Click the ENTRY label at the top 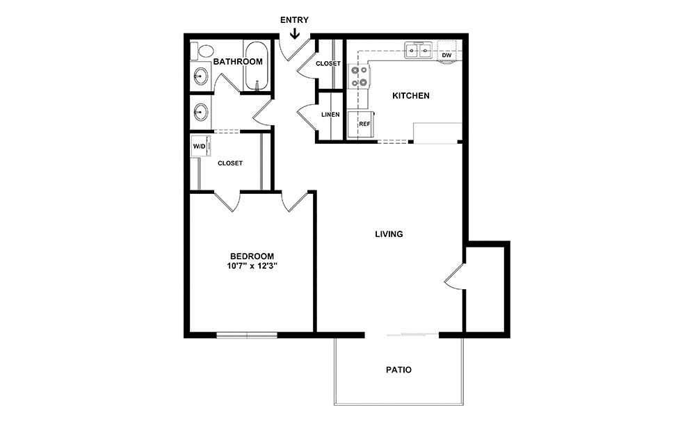(294, 20)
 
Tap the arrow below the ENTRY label (295, 33)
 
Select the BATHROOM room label (238, 62)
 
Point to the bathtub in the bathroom (256, 67)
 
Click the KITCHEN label (411, 96)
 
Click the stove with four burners (359, 76)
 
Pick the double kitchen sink (419, 50)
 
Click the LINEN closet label (330, 115)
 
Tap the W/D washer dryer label (199, 147)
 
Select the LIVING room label (389, 234)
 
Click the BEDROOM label (252, 256)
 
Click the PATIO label (398, 370)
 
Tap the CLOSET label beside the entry (328, 64)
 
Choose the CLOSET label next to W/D (230, 163)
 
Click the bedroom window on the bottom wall (247, 336)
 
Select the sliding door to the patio (412, 336)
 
